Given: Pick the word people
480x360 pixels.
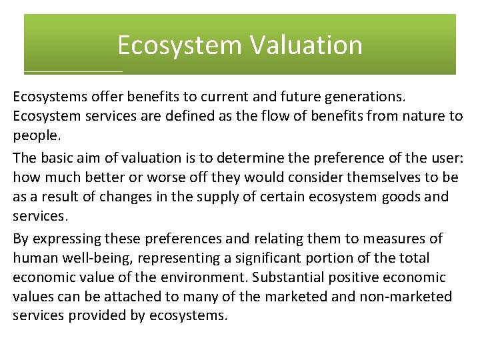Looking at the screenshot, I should coord(35,135).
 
